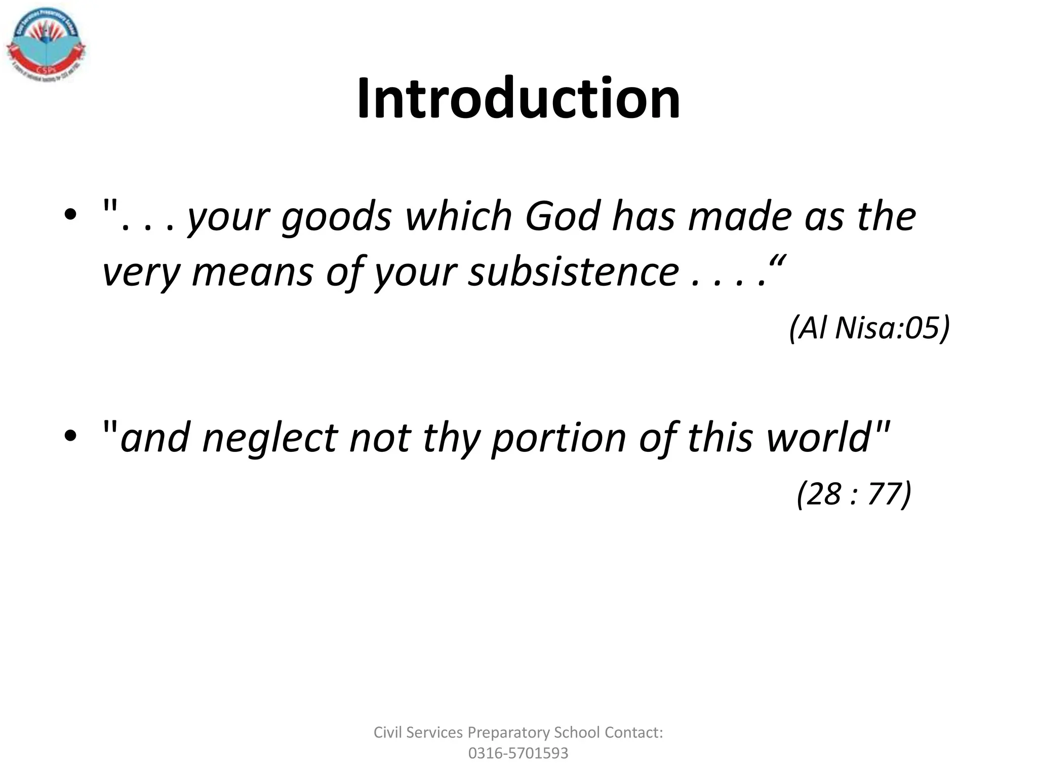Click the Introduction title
[x=518, y=98]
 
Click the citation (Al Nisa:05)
[x=869, y=328]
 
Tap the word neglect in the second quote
[x=269, y=438]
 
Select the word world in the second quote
[x=818, y=438]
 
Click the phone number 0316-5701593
[x=518, y=753]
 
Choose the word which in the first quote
[x=459, y=216]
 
